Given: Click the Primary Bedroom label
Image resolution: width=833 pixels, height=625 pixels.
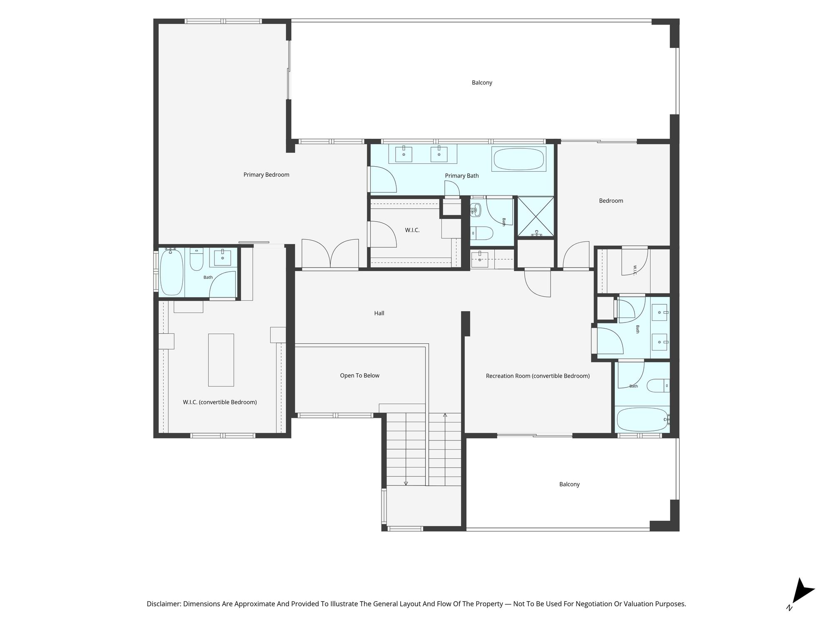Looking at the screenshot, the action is tap(266, 175).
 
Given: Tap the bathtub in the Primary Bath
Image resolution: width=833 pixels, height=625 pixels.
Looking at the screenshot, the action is tap(519, 159).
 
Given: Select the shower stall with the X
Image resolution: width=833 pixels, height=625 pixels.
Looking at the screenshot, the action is tap(536, 217).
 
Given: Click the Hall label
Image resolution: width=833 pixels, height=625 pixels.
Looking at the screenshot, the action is tap(379, 313).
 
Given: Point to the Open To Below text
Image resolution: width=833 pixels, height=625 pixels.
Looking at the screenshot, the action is tap(359, 375).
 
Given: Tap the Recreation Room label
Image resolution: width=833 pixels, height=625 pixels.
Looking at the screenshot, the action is tap(538, 376).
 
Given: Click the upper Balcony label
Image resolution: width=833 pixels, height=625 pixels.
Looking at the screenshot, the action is tap(482, 82).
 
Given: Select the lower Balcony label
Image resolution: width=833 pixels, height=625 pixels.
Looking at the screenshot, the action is tap(569, 484).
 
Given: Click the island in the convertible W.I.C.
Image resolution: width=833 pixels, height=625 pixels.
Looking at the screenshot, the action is tap(221, 360).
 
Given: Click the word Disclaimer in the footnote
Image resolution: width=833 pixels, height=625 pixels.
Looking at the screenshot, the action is tap(164, 604).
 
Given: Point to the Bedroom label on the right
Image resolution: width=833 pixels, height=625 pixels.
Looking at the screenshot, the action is tap(611, 201).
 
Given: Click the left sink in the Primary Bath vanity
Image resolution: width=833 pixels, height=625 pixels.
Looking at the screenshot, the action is tap(404, 154).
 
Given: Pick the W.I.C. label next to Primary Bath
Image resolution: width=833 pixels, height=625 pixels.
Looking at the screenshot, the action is tap(412, 230).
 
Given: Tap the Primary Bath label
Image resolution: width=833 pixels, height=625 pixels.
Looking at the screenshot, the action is tap(462, 176).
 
